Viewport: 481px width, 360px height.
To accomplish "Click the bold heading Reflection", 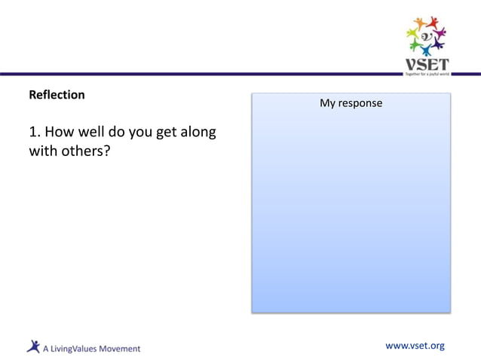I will tap(57, 96).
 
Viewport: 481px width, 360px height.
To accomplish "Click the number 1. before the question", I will tap(35, 133).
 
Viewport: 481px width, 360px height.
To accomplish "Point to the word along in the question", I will tap(198, 133).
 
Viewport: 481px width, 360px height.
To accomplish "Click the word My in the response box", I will tap(327, 103).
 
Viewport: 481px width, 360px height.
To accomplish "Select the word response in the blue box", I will tap(360, 103).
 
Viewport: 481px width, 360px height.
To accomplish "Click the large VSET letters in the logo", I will tap(427, 64).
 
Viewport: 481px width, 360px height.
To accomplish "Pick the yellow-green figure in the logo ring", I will tap(412, 35).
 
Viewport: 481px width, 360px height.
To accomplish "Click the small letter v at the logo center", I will tap(427, 35).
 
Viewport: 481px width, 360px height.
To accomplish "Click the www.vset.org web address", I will tap(415, 346).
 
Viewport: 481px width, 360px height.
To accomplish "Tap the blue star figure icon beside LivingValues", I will tap(33, 346).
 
